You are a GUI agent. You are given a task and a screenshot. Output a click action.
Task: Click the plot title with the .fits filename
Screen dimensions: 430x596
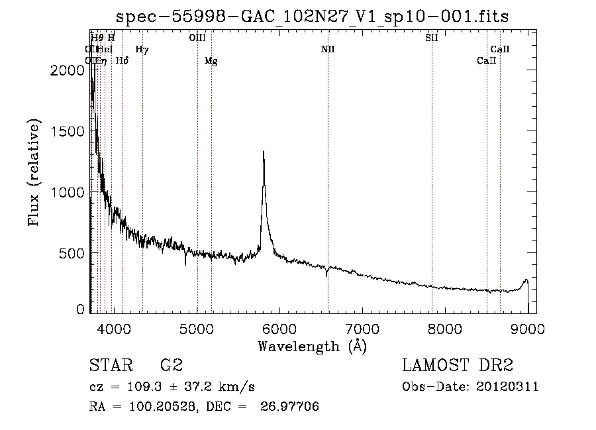311,17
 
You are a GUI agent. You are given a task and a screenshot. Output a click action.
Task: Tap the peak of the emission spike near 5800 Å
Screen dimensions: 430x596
264,152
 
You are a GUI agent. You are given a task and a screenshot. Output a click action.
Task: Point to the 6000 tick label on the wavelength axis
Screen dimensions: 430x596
279,327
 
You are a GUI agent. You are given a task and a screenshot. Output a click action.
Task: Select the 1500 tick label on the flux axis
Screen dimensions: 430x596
68,131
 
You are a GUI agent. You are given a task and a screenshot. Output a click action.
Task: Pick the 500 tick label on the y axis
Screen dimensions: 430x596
72,253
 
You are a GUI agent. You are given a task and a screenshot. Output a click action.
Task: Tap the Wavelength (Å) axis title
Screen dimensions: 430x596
311,346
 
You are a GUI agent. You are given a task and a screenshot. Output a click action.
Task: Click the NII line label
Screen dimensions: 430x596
328,49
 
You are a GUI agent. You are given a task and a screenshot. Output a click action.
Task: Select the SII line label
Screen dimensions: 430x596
432,38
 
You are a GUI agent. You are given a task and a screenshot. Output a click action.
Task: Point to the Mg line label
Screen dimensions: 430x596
211,61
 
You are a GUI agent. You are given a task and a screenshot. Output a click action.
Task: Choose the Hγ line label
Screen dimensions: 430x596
142,49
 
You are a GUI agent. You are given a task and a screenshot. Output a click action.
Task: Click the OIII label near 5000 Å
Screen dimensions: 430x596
197,38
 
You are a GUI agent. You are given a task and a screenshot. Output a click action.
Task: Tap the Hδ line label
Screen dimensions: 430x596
122,61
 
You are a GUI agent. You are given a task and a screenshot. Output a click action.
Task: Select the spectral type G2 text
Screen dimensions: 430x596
171,366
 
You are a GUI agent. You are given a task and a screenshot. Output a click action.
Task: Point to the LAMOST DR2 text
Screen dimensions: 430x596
457,366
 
